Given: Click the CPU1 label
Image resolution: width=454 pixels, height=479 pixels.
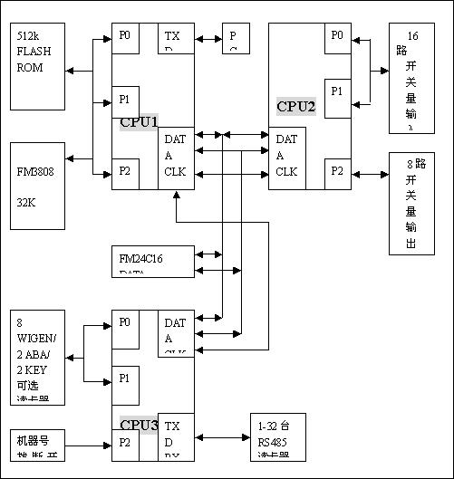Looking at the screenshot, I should coord(139,122).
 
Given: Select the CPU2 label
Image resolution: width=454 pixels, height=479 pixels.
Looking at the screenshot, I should coord(295,106).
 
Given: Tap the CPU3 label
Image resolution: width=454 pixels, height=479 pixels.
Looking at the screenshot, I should coord(139,425).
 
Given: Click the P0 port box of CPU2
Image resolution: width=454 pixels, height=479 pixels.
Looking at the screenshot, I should coord(338,39).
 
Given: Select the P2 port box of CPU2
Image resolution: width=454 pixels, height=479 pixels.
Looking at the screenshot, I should coord(338,172).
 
